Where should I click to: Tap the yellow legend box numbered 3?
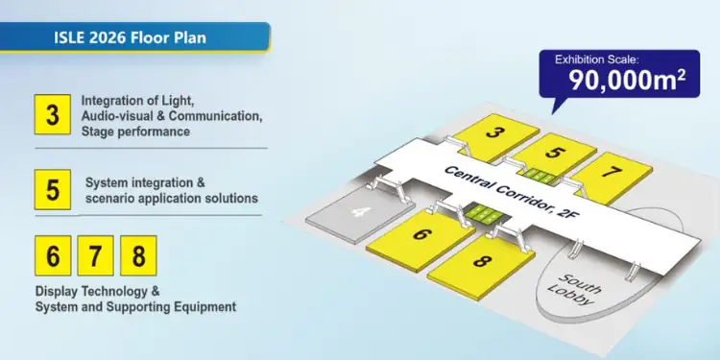coord(52,115)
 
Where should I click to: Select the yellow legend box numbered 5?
coord(52,189)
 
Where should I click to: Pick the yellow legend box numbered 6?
coord(52,256)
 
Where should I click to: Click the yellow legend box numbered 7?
coord(95,256)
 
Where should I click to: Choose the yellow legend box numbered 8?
coord(138,256)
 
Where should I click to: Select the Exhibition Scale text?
coord(597,60)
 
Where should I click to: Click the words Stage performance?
coord(135,132)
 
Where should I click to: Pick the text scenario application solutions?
coord(172,199)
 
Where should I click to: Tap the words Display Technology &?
coord(99,291)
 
